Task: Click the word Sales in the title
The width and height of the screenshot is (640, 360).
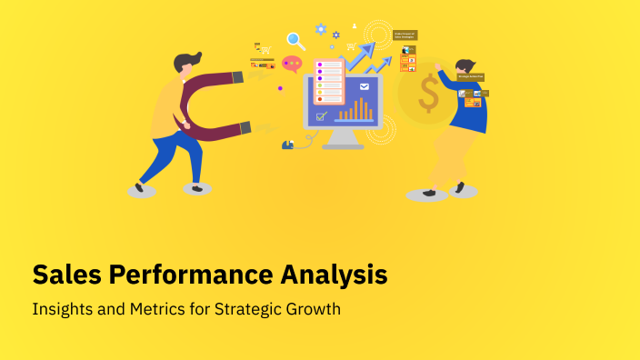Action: point(65,274)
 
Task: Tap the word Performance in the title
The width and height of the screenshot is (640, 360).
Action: point(185,274)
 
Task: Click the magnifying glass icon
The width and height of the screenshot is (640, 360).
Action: point(295,40)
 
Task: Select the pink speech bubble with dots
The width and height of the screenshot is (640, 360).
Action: point(292,64)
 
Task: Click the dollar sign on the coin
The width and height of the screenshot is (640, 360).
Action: point(428,94)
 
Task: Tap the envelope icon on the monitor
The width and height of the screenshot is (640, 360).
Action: point(365,87)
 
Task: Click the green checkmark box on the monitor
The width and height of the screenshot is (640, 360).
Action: point(320,116)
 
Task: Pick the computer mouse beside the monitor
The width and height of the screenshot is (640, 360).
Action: point(288,144)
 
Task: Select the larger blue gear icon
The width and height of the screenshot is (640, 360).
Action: point(321,29)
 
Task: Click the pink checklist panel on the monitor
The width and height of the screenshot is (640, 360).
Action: point(328,81)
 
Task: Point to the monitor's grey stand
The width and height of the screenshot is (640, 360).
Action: point(343,138)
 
